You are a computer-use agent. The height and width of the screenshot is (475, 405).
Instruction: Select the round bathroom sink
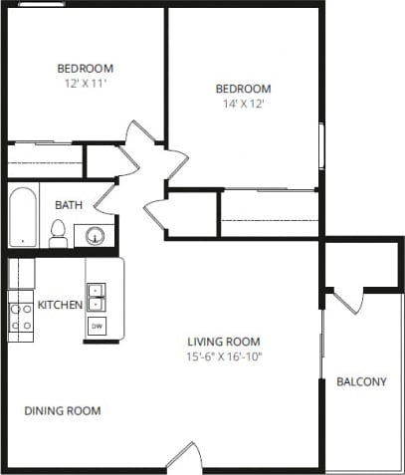tap(96, 236)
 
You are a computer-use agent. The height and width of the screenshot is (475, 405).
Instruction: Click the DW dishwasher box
tap(97, 326)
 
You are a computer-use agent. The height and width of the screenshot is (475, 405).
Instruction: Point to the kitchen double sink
tap(96, 297)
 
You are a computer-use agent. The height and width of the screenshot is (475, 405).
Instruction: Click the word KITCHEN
tap(59, 304)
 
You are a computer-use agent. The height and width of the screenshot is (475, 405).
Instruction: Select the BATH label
tap(69, 205)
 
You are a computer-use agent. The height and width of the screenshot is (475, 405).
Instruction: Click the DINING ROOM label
tap(62, 410)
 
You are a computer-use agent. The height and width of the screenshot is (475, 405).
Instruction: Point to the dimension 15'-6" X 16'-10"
tap(224, 356)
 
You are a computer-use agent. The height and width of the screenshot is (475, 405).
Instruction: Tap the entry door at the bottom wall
tap(183, 455)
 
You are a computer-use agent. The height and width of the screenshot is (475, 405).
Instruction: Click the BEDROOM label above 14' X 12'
tap(243, 89)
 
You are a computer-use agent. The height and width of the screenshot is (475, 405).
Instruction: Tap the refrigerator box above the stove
tap(21, 273)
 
